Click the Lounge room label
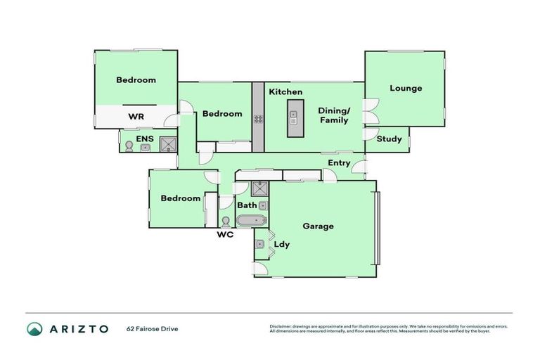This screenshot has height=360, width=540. tap(406, 89)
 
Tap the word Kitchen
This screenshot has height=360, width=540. tap(285, 92)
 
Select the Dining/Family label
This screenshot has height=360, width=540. tap(333, 115)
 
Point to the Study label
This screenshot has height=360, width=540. tap(389, 139)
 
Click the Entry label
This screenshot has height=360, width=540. tap(339, 163)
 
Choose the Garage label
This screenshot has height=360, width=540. tap(318, 226)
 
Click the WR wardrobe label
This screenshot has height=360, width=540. tap(136, 116)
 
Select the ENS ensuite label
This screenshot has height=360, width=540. tap(145, 139)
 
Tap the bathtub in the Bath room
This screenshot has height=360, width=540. tap(250, 221)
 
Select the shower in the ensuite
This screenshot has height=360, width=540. tap(168, 143)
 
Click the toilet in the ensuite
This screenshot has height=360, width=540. tap(129, 146)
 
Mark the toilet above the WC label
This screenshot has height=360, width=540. tap(226, 221)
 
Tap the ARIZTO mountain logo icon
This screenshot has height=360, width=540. tap(34, 328)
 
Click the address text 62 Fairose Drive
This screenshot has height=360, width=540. tap(152, 328)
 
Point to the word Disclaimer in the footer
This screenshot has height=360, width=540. tap(281, 326)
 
